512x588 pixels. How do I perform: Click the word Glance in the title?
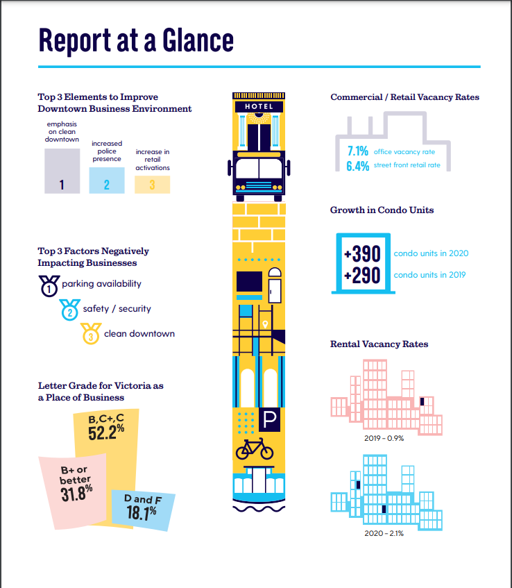coord(198,40)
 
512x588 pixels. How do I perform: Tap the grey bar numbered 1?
coord(62,171)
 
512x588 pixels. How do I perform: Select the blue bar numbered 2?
coord(107,180)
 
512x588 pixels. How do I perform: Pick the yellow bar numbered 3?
coord(152,185)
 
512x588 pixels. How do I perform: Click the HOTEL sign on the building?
coord(259,106)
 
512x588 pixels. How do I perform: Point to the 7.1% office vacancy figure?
coord(357,151)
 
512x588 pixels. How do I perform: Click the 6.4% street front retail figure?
coord(357,166)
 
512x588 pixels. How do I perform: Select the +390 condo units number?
coord(362,253)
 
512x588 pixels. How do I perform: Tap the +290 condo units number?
coord(362,275)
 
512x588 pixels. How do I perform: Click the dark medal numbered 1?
coord(49,286)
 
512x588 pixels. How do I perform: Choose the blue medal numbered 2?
coord(69,310)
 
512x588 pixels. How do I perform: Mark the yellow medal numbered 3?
coord(91,334)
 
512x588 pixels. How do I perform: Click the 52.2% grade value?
coord(106,432)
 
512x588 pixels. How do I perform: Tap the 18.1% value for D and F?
coord(142,512)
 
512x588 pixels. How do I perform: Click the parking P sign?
coord(269,419)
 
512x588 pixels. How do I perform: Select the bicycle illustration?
coord(255,448)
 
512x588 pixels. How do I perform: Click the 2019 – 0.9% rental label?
coord(384,438)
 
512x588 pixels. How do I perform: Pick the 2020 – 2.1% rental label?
coord(384,533)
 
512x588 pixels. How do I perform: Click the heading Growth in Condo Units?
coord(382,210)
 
